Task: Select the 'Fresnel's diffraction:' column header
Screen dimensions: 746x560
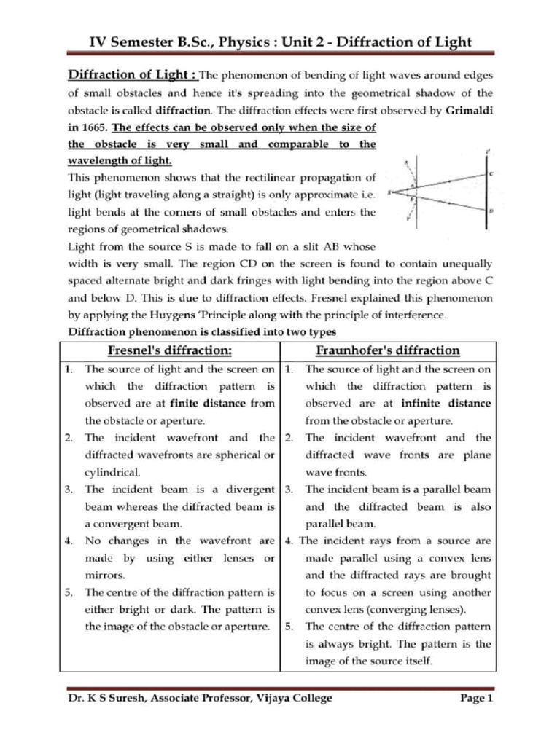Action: tap(170, 350)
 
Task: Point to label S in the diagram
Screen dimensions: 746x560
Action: tap(391, 192)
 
